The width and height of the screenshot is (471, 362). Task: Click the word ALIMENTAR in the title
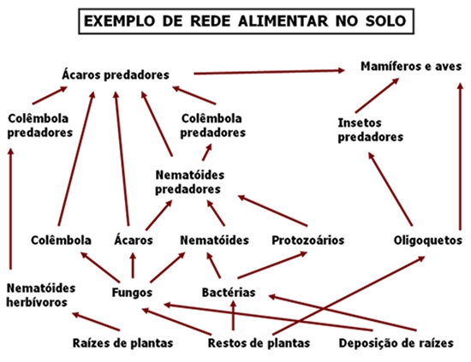(x=283, y=21)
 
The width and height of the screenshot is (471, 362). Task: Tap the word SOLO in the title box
(x=385, y=21)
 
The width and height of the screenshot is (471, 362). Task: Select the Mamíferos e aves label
(x=411, y=66)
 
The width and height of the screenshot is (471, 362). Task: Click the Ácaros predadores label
(x=116, y=74)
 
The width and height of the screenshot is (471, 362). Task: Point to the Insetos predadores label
(x=370, y=130)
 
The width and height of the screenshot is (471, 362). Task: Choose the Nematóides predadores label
(x=189, y=182)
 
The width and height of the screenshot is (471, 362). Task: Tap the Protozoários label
(x=308, y=240)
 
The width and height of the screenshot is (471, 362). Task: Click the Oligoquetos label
(x=427, y=240)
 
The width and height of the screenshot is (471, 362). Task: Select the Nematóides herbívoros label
(x=41, y=295)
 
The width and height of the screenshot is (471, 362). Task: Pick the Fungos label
(x=132, y=293)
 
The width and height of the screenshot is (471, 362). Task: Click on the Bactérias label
(x=229, y=293)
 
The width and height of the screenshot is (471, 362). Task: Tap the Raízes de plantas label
(x=122, y=343)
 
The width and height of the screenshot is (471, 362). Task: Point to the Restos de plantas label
(x=259, y=343)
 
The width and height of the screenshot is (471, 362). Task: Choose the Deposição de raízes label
(x=396, y=343)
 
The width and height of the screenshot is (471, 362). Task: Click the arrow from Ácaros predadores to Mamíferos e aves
(x=269, y=72)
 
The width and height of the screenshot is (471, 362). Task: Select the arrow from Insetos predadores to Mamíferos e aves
(x=378, y=95)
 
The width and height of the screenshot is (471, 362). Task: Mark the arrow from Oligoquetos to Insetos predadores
(x=391, y=189)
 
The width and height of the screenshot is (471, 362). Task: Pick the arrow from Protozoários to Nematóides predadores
(x=272, y=211)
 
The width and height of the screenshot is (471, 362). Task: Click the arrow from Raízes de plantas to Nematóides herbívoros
(x=96, y=322)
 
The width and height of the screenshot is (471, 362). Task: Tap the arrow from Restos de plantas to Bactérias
(x=233, y=315)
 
